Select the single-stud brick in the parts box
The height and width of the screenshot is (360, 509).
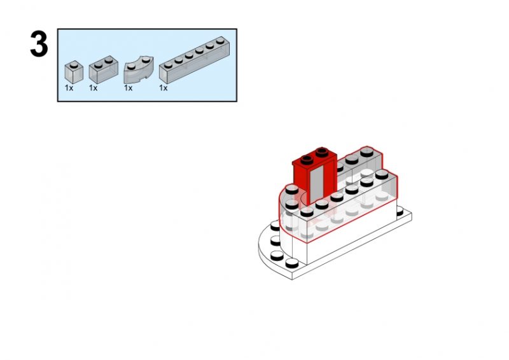(74, 72)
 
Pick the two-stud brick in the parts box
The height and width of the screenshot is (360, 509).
(104, 71)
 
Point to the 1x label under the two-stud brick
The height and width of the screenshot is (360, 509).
(93, 88)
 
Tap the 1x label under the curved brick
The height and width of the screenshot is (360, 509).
(128, 88)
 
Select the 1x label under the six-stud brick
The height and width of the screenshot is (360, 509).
(163, 88)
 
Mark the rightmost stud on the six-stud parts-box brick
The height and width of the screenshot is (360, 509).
(223, 41)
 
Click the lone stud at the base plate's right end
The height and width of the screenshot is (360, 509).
(401, 209)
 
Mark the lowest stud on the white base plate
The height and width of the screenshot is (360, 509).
(292, 263)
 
